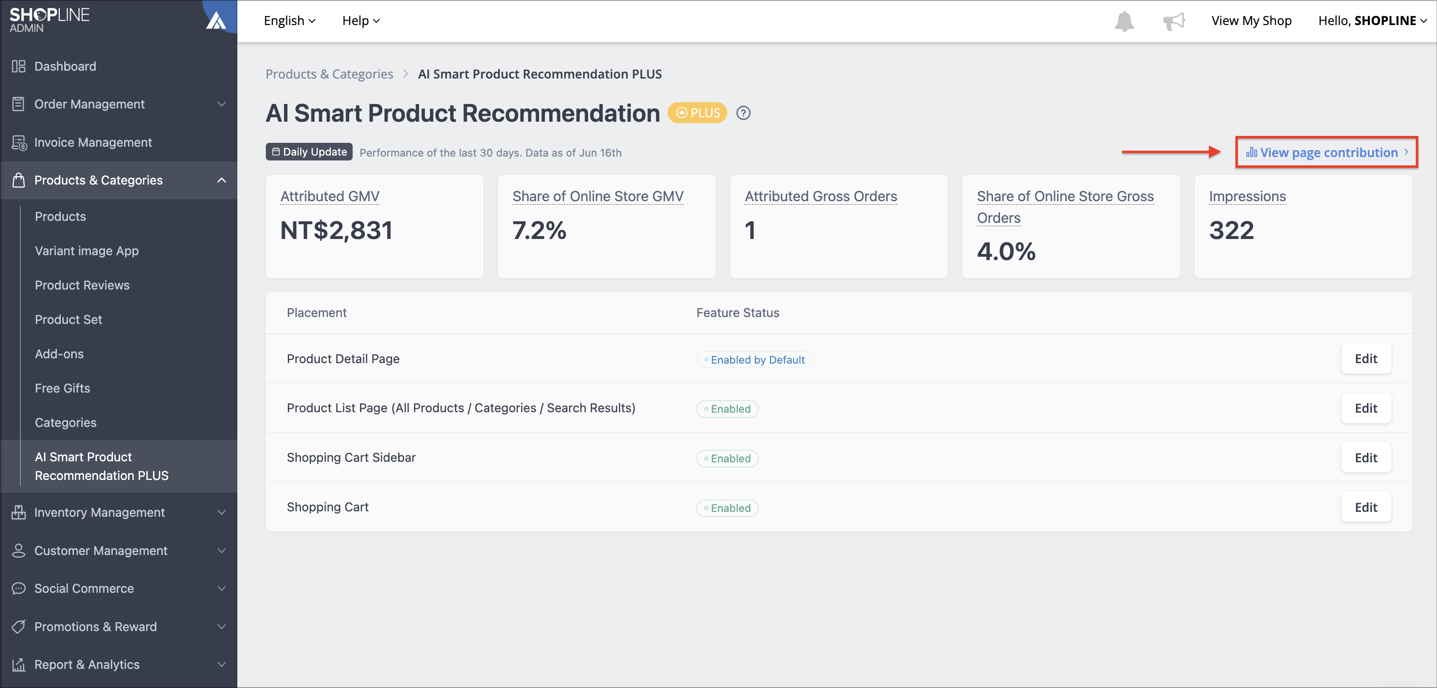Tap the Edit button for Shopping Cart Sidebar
[1365, 457]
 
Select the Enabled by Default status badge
[754, 360]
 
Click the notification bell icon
[1124, 21]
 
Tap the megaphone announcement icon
[1174, 21]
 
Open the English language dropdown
[289, 21]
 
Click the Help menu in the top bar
[361, 21]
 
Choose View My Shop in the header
[1251, 21]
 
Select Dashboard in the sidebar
[65, 66]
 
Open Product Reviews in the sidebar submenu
[82, 285]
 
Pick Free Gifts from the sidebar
[62, 388]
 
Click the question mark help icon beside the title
[743, 113]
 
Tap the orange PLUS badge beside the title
[697, 113]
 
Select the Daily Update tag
[309, 152]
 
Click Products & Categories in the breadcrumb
[329, 74]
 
